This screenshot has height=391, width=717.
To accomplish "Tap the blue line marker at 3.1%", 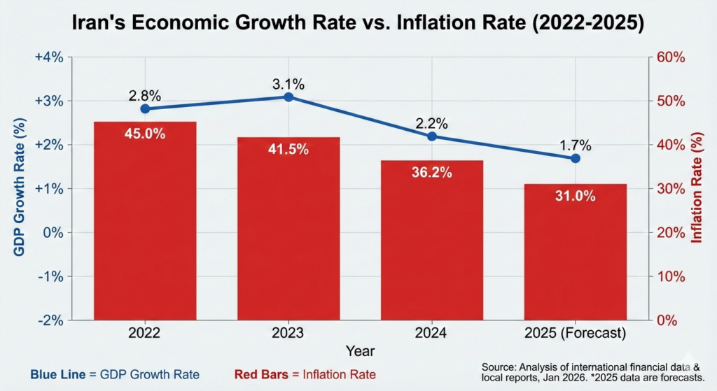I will (x=288, y=97).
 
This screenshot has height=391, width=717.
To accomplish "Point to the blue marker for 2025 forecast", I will (x=576, y=158).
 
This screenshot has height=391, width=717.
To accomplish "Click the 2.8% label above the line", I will (x=145, y=94).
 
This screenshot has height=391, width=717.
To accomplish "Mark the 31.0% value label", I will (x=576, y=196).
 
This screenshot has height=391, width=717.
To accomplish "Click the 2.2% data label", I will (x=431, y=123).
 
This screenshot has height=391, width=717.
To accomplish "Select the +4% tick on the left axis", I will (x=48, y=57).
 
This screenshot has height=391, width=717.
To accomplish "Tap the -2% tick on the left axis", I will (x=50, y=320).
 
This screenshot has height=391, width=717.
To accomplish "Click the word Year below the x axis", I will (x=360, y=350).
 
